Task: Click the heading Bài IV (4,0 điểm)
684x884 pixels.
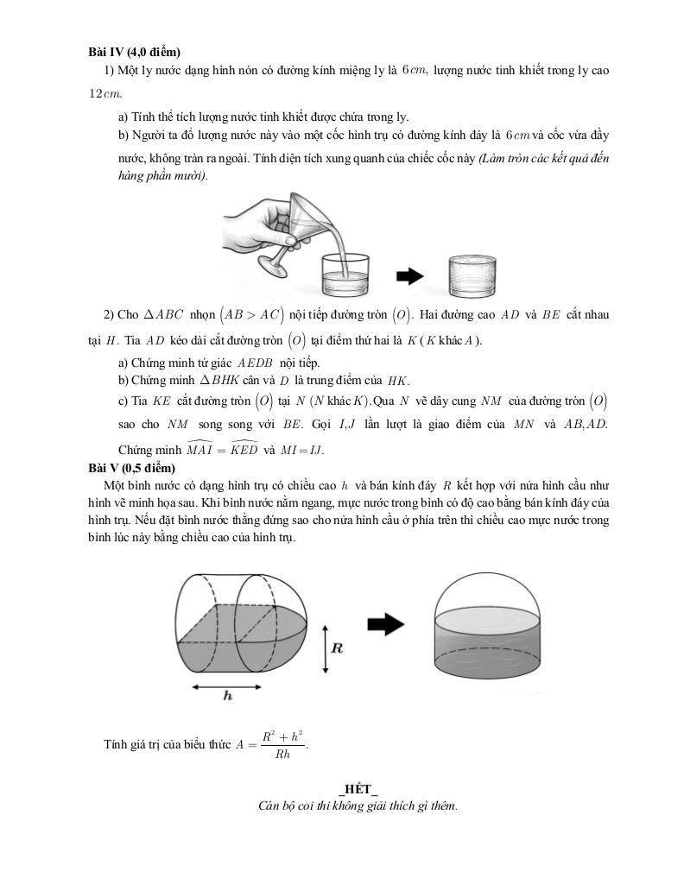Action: click(x=134, y=52)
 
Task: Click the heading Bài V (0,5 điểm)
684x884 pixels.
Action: click(x=131, y=467)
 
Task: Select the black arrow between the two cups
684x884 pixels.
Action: click(x=409, y=276)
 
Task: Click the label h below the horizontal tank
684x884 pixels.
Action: click(x=227, y=696)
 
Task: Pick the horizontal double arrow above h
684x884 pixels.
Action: click(x=227, y=686)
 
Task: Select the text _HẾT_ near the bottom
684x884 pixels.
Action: click(x=358, y=789)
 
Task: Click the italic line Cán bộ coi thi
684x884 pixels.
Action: click(x=358, y=806)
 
